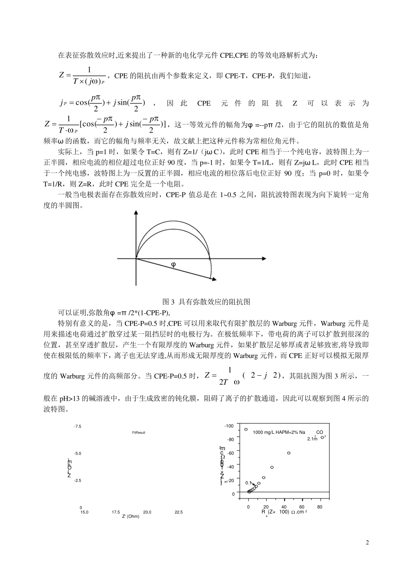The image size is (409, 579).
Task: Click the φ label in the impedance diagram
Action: tap(174, 265)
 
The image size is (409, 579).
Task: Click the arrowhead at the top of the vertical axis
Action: tap(136, 213)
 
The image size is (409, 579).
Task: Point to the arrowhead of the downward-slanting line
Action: tap(212, 280)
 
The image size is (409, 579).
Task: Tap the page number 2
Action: tap(367, 542)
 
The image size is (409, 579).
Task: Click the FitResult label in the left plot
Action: tap(139, 432)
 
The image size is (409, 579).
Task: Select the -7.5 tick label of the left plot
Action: tap(77, 426)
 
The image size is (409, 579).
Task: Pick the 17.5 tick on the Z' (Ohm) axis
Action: tap(116, 512)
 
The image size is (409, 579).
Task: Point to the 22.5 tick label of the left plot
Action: tap(178, 512)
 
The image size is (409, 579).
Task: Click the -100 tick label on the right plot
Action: tap(229, 426)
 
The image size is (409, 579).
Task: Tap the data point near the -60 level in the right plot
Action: tap(288, 453)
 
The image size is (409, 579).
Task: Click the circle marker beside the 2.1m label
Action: tap(322, 437)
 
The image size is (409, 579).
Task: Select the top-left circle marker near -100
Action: tap(246, 429)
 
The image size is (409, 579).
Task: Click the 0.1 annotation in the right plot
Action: tap(248, 483)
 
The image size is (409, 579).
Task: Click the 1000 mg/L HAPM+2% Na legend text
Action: tap(279, 432)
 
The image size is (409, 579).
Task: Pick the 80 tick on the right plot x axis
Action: tap(319, 507)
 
